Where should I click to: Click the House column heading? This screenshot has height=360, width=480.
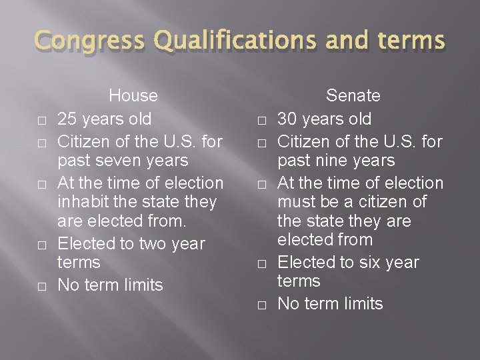click(x=133, y=95)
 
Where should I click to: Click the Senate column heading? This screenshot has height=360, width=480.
click(x=353, y=95)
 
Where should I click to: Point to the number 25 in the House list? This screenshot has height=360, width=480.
click(x=67, y=119)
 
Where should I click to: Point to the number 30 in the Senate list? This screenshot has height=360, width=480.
click(x=288, y=119)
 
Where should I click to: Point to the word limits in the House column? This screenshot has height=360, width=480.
click(x=141, y=285)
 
